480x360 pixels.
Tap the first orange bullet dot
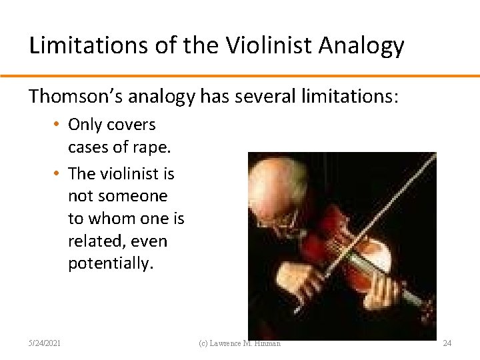tap(59, 125)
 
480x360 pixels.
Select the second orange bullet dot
tap(59, 174)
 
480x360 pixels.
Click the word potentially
tap(110, 263)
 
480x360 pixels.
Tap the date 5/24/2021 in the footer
tap(45, 343)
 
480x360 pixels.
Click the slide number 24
tap(447, 343)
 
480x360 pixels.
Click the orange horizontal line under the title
tap(240, 75)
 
